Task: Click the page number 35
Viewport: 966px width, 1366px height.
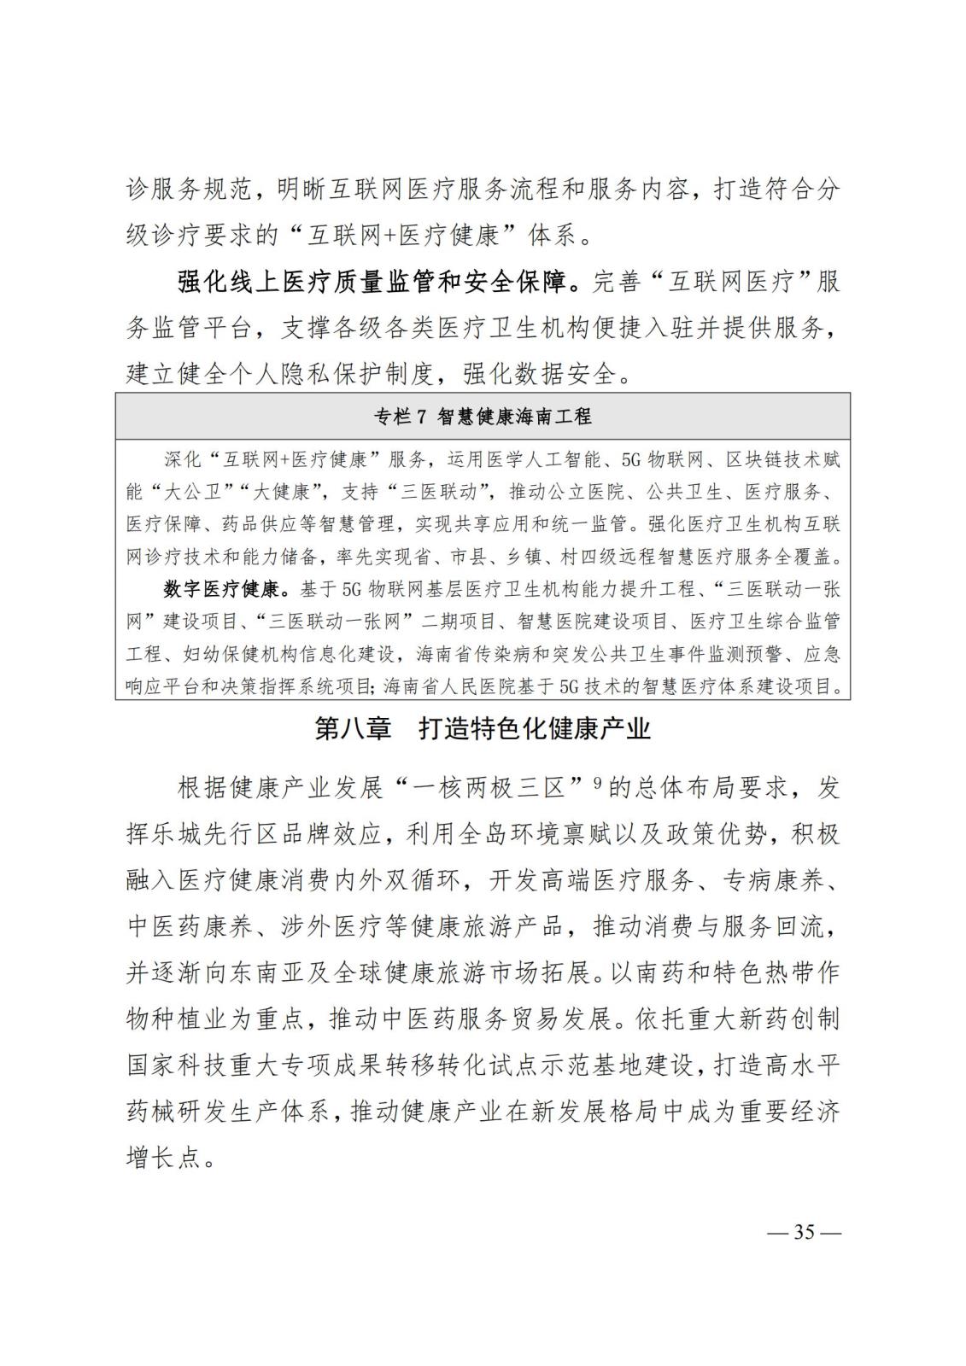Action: tap(805, 1233)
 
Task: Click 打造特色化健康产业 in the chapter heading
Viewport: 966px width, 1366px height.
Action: tap(535, 728)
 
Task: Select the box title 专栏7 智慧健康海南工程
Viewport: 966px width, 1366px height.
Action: tap(483, 417)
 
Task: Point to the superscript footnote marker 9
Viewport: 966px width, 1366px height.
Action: tap(598, 780)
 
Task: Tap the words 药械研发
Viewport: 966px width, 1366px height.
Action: tap(176, 1112)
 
